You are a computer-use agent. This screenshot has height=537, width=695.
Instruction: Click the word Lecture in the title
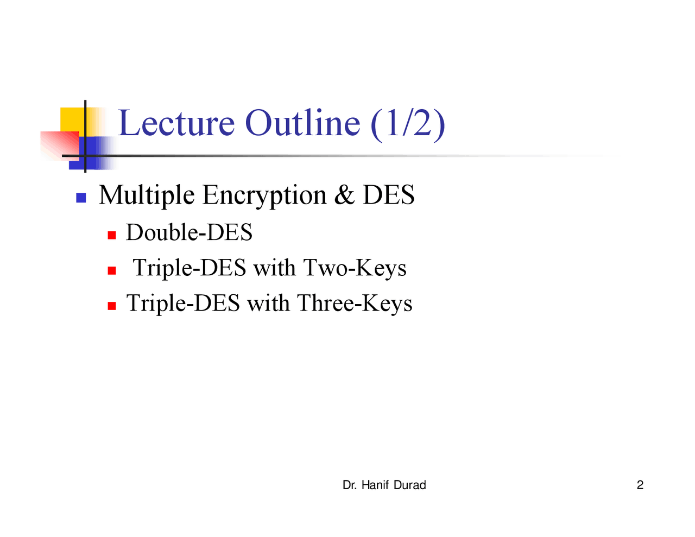coord(176,123)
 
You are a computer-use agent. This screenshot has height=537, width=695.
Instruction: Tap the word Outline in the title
coord(302,123)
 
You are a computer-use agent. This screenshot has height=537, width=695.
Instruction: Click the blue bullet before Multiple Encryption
coord(81,198)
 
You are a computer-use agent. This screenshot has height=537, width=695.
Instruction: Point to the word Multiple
coord(147,195)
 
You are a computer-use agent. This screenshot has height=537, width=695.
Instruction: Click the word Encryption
coord(264,195)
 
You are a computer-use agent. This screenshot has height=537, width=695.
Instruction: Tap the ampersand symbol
coord(344,194)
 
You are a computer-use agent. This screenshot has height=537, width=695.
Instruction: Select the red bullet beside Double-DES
coord(112,236)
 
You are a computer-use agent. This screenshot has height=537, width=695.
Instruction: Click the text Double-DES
coord(189,232)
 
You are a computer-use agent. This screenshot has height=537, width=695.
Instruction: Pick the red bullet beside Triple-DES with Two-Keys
coord(112,270)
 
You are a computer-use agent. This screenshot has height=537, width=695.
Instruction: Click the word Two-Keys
coord(355,268)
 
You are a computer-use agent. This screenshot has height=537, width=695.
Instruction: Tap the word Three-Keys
coord(355,303)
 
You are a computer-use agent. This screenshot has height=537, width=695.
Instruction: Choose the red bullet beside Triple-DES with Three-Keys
coord(112,306)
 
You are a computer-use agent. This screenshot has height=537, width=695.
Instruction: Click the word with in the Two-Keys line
coord(274,268)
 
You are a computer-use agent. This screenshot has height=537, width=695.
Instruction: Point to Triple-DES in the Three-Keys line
coord(184,303)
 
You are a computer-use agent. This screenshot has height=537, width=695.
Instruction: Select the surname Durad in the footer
coord(410,485)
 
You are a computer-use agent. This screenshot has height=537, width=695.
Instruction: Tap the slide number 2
coord(640,485)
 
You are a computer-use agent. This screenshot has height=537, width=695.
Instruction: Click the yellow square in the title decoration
coord(72,119)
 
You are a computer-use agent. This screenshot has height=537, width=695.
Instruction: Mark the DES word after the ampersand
coord(389,194)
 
